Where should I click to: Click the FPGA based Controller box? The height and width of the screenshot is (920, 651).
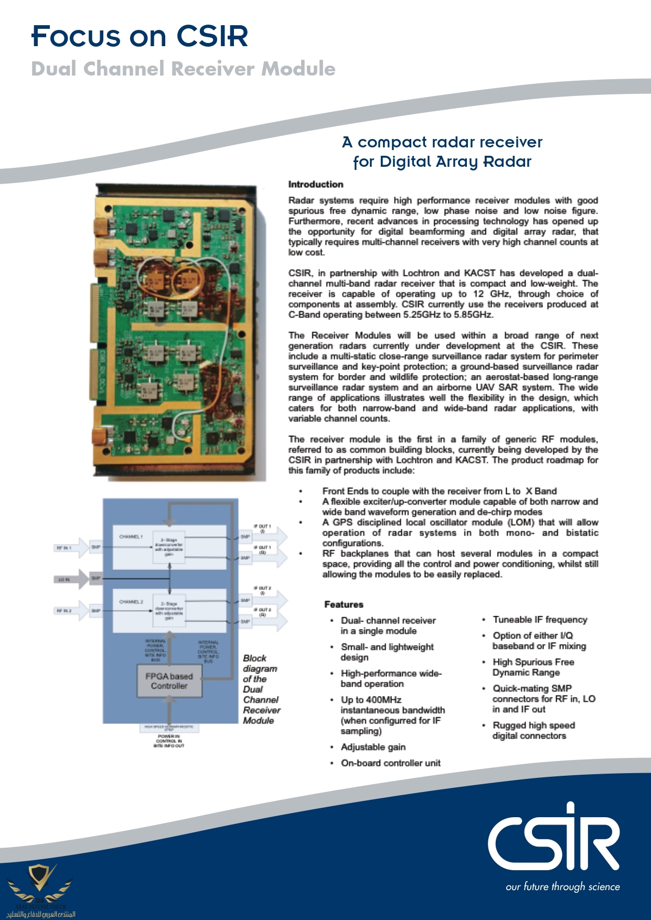coord(169,681)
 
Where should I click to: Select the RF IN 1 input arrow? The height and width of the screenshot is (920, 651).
coord(70,548)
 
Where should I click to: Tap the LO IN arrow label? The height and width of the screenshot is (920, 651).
coord(65,580)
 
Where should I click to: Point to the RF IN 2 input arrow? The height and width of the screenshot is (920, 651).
coord(70,611)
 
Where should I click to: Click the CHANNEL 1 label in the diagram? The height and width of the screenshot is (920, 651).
coord(131,537)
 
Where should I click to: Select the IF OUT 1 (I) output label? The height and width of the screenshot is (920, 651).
coord(262,529)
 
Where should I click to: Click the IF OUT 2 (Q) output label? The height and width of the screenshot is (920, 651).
coord(262,612)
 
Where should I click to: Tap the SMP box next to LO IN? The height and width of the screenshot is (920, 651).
coord(96,578)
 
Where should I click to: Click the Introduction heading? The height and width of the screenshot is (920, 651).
coord(315,185)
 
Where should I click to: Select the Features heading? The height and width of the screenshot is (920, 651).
coord(344,604)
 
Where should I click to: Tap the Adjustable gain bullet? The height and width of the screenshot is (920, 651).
coord(373,747)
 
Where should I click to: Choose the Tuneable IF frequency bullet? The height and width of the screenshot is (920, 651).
coord(540,620)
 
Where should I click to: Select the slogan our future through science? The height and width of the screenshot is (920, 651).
coord(562,886)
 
